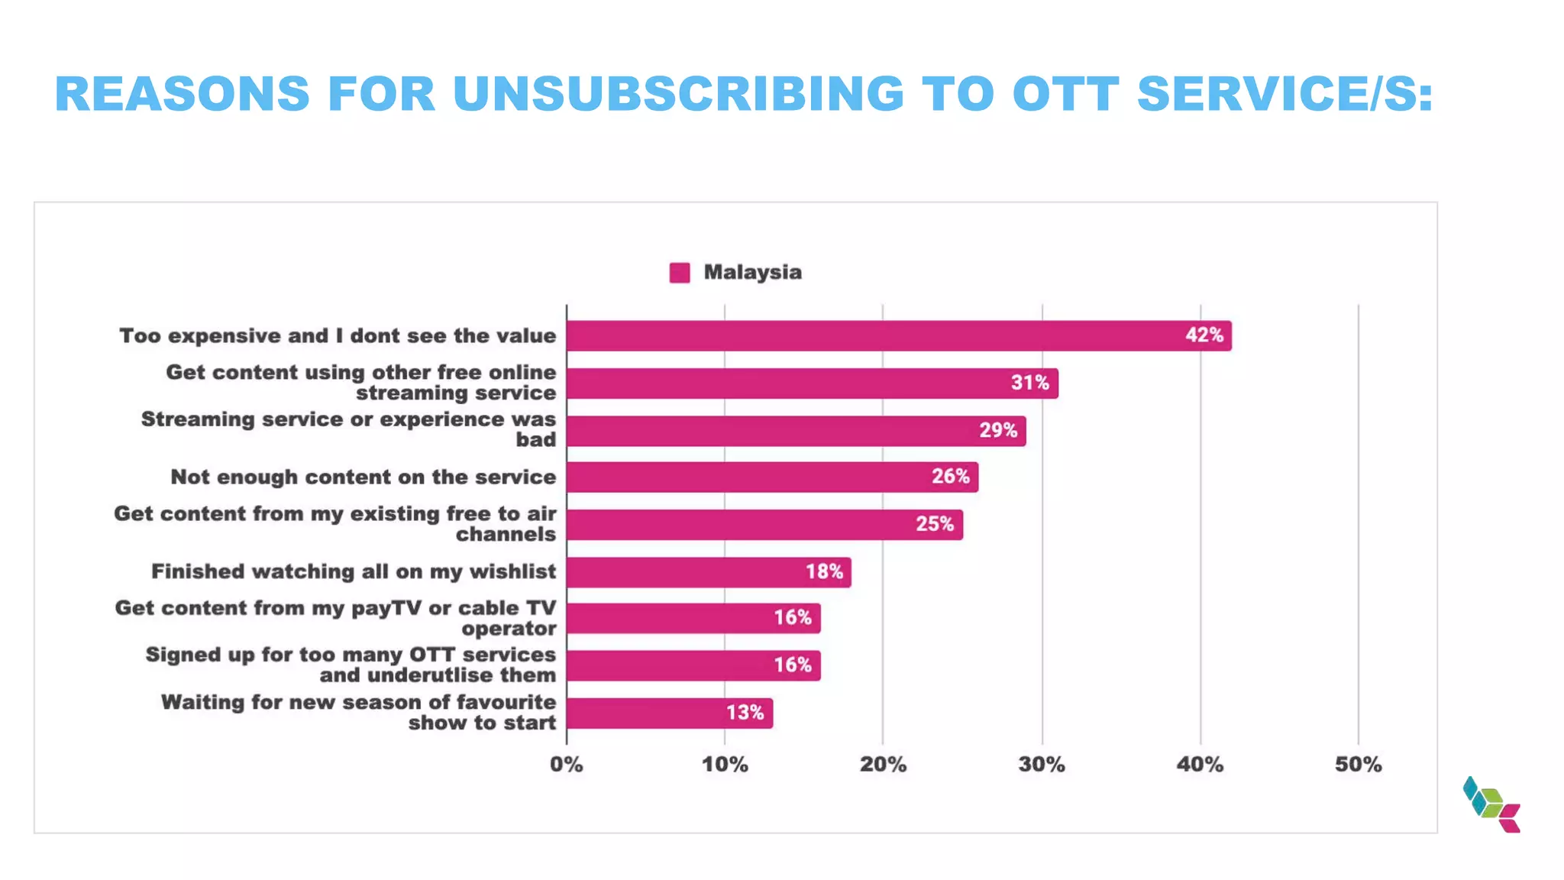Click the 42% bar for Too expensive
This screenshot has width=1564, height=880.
coord(899,336)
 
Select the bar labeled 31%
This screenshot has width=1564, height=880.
coord(812,383)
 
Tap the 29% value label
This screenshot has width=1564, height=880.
coord(998,431)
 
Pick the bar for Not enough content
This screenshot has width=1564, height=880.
coord(771,477)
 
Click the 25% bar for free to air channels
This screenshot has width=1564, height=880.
coord(764,525)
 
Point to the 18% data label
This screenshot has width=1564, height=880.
coord(824,572)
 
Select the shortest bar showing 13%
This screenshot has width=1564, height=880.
coord(669,713)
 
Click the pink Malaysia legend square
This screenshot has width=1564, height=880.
coord(679,273)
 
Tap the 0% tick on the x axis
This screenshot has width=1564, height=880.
coord(566,765)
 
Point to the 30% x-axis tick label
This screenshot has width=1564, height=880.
coord(1041,765)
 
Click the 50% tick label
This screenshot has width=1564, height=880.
coord(1358,765)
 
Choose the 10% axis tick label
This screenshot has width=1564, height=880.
coord(724,765)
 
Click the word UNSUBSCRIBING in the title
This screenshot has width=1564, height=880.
coord(678,95)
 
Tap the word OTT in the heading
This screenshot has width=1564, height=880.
coord(1065,95)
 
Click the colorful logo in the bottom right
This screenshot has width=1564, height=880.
coord(1491,804)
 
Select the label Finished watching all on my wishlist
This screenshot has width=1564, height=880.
coord(354,572)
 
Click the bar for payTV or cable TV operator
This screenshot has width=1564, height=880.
coord(693,619)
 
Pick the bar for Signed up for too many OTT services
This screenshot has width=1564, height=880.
coord(693,666)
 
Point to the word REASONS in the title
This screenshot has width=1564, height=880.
coord(183,95)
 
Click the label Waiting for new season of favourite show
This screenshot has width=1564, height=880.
coord(358,713)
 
